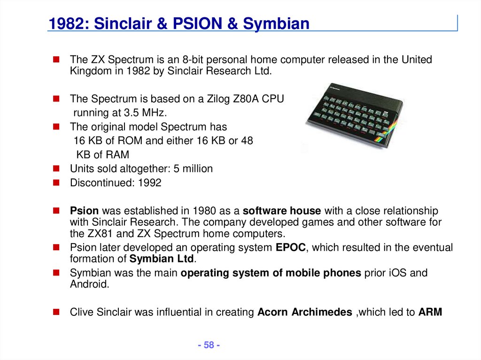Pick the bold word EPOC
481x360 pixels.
pyautogui.click(x=291, y=247)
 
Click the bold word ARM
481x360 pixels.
pyautogui.click(x=430, y=312)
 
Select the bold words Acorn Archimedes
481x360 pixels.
pyautogui.click(x=305, y=312)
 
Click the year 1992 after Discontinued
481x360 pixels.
pyautogui.click(x=149, y=183)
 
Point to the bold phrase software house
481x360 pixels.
pyautogui.click(x=282, y=211)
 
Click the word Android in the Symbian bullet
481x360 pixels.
pyautogui.click(x=89, y=284)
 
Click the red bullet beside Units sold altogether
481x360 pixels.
pyautogui.click(x=56, y=169)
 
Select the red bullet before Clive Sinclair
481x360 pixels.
pyautogui.click(x=56, y=312)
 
